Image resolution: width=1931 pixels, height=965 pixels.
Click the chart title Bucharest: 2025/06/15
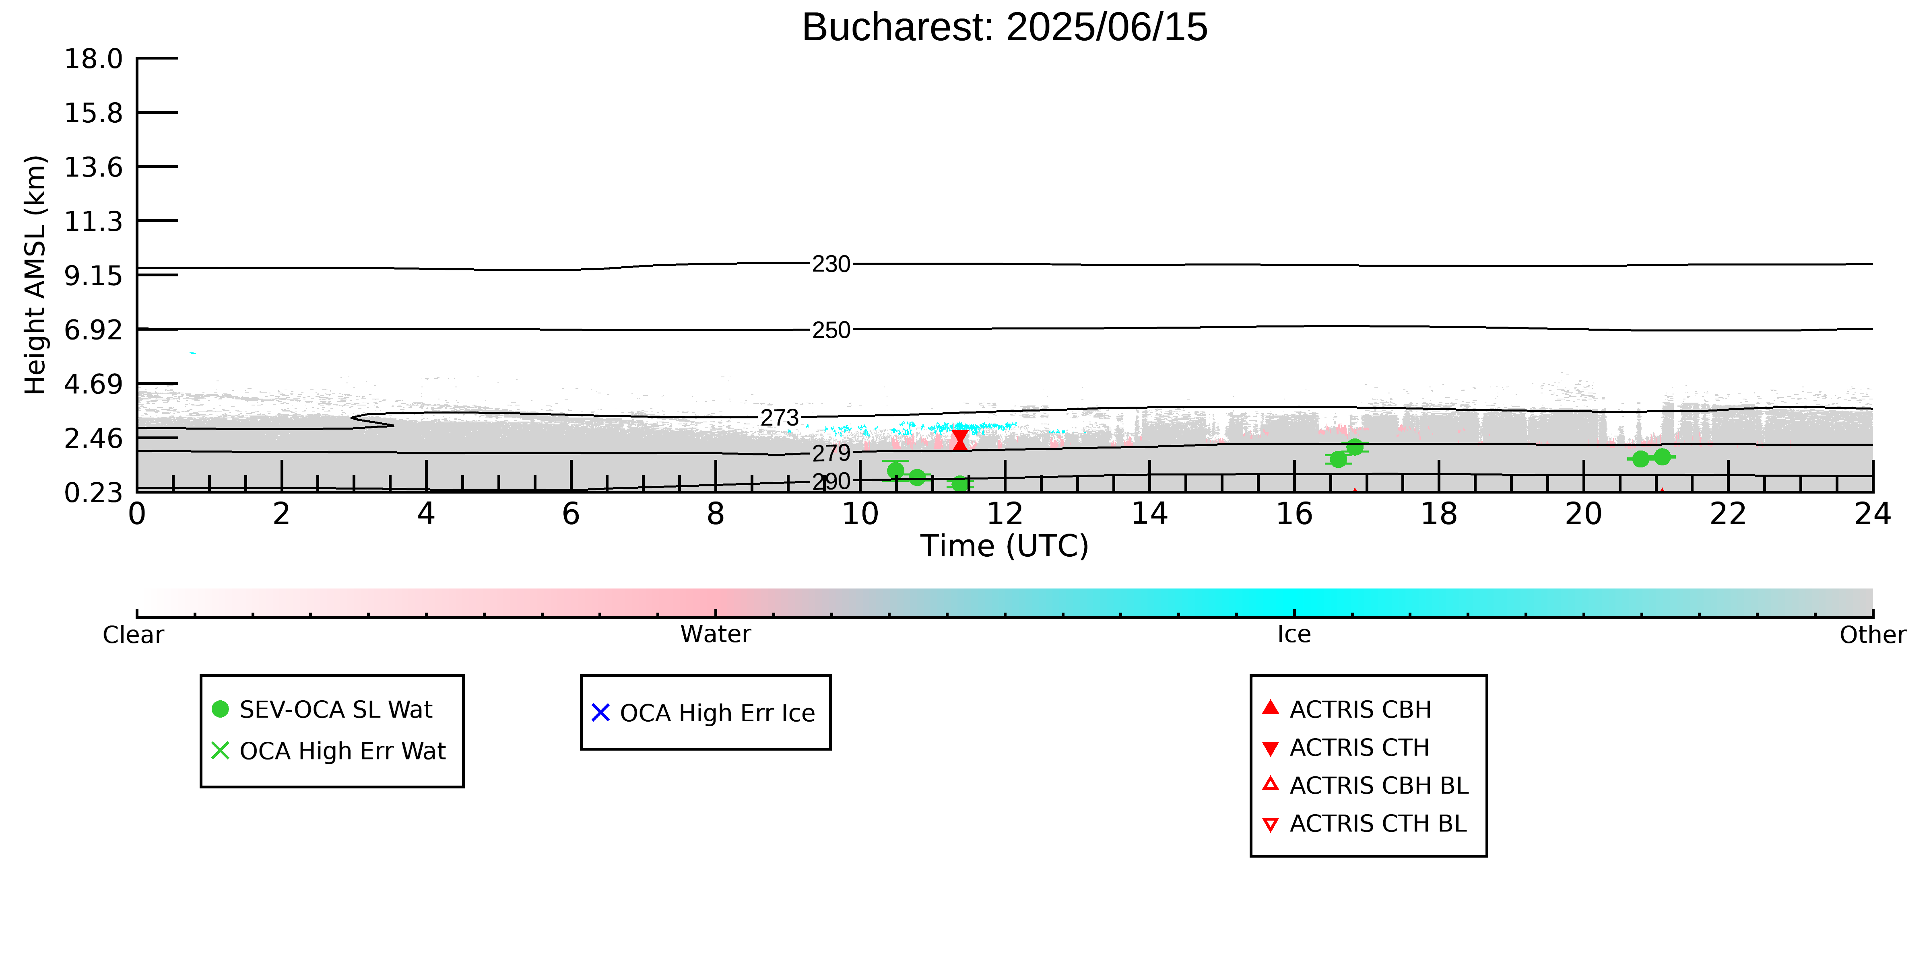coord(1005,28)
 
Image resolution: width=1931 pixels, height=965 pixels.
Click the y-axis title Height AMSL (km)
coord(35,275)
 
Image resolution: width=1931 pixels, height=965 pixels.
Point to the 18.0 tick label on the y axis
coord(94,58)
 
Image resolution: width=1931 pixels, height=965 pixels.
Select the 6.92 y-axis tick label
coord(94,330)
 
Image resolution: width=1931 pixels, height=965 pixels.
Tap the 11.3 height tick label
coord(94,221)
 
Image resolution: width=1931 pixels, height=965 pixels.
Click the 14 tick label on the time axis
coord(1149,514)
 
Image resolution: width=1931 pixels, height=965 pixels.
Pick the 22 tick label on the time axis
coord(1728,514)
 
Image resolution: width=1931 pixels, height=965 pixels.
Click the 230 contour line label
coord(831,264)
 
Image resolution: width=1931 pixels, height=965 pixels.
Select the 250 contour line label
coord(831,330)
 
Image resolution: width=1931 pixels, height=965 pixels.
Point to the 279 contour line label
coord(831,453)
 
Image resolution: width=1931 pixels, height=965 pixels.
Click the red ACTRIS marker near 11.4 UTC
coord(959,440)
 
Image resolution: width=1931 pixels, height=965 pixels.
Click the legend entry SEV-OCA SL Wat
coord(323,710)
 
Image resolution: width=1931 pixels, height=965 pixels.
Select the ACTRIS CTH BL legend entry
coord(1365,823)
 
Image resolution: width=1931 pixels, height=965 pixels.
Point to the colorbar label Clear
coord(134,635)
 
